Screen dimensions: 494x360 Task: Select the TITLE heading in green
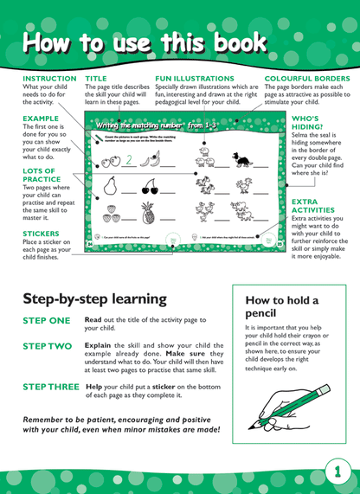point(95,79)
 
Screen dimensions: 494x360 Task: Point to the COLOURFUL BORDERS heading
point(307,79)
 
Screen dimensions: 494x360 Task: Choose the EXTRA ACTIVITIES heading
point(312,205)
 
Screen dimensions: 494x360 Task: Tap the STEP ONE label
point(47,320)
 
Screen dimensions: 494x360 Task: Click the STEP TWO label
point(48,346)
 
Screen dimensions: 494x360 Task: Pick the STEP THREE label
point(52,387)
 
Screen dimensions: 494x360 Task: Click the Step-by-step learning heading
point(94,298)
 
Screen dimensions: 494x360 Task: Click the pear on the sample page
point(110,185)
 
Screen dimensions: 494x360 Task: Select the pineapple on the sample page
point(148,212)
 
